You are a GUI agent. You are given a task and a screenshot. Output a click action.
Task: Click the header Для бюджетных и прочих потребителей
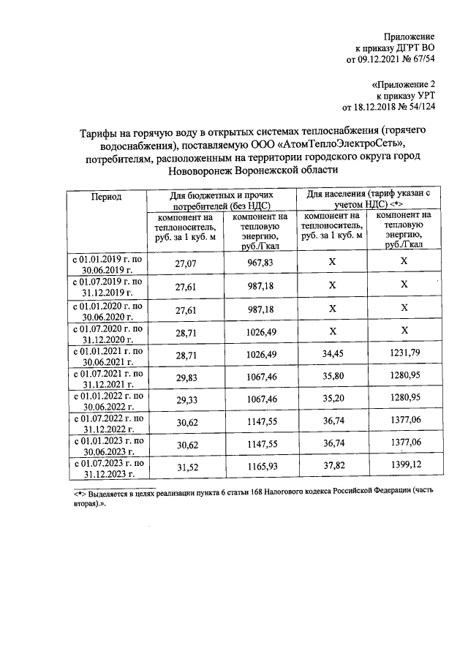pos(222,201)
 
